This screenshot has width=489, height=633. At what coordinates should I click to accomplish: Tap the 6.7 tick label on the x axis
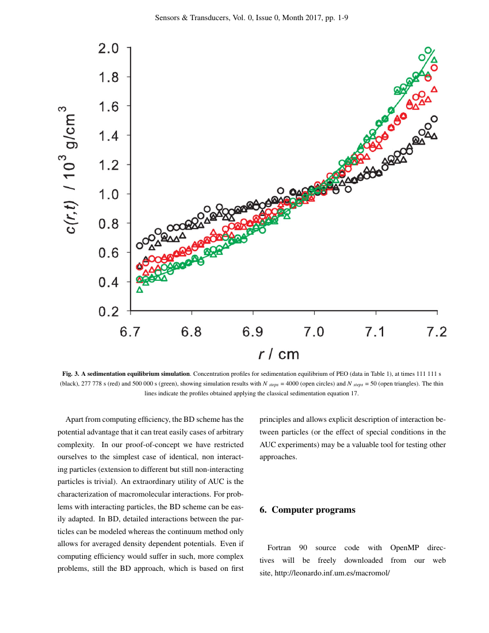pos(131,332)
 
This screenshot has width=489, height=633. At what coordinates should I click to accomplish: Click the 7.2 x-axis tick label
pos(437,332)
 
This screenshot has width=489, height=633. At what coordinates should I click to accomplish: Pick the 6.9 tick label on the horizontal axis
pos(253,332)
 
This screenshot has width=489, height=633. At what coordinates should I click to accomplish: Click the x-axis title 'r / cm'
pos(279,353)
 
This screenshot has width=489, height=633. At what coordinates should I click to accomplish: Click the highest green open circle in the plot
pos(428,51)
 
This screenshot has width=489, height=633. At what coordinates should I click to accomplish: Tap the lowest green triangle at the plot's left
pos(139,289)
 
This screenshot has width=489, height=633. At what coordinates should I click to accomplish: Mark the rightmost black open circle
pos(434,119)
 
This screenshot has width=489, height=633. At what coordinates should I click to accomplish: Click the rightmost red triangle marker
pos(434,89)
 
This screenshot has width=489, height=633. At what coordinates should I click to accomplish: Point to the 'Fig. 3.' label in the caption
pos(72,373)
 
